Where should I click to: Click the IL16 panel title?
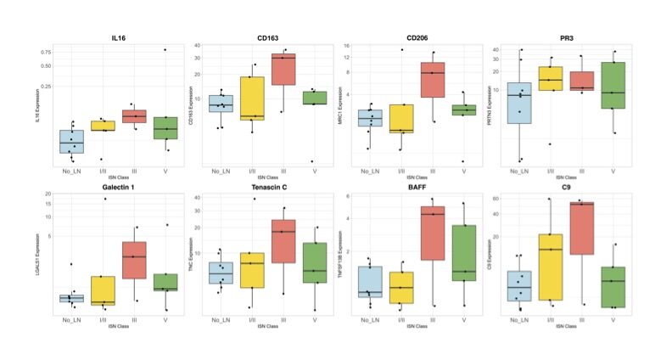119,38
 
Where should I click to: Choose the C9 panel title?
565,187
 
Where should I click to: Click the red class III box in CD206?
433,80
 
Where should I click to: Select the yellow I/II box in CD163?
252,98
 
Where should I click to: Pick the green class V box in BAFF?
463,253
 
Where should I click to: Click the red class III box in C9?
581,228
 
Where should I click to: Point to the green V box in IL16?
165,128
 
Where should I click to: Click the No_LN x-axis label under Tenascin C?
220,319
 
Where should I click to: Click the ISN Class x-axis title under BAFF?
416,327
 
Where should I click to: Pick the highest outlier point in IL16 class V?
165,49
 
